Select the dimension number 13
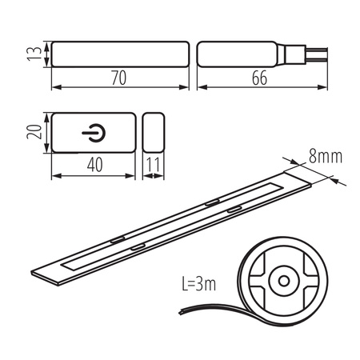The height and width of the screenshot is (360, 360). (x=31, y=54)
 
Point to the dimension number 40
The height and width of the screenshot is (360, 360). (x=94, y=163)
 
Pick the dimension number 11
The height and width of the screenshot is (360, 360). (x=155, y=163)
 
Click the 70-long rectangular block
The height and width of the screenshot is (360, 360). (x=120, y=54)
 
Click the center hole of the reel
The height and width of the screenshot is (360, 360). (x=282, y=282)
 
